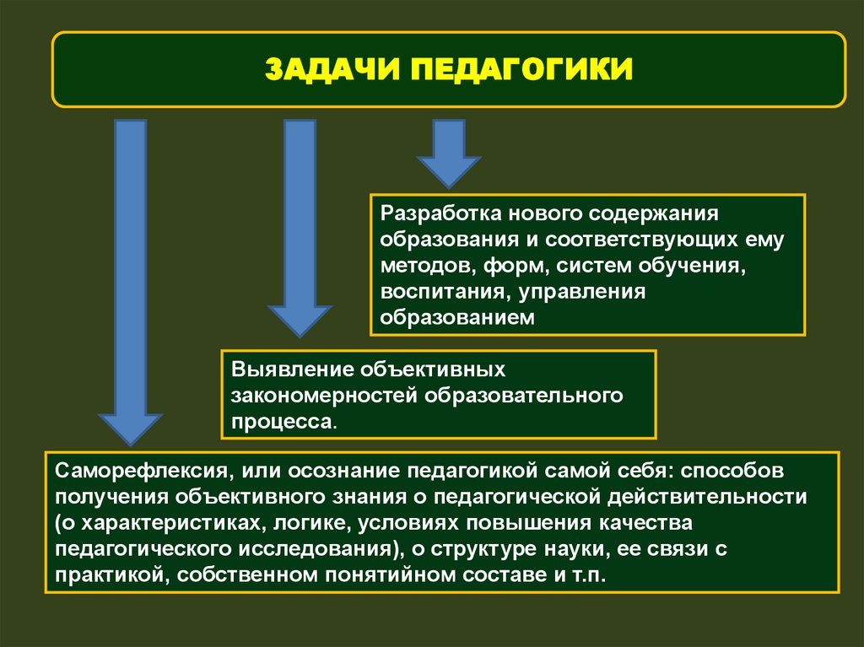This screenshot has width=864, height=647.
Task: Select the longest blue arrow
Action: pyautogui.click(x=130, y=278)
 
